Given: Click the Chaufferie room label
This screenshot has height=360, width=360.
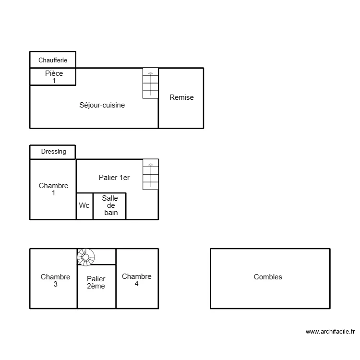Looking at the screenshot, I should [53, 60].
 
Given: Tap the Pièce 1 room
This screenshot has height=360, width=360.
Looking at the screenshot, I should [54, 77].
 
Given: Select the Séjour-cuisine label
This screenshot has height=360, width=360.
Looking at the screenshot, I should [102, 105].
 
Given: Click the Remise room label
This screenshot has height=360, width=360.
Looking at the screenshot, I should [181, 97].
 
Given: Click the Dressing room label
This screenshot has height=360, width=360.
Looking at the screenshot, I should [53, 152].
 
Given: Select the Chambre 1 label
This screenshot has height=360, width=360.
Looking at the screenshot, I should [53, 189].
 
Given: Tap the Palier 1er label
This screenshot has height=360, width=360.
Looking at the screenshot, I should [114, 178].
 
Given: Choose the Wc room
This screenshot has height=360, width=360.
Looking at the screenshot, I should [84, 205].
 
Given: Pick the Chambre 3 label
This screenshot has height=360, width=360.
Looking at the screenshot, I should [55, 280].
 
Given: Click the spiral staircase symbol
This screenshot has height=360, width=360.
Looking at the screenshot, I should [86, 257].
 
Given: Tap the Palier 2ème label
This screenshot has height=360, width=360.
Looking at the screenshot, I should [96, 282].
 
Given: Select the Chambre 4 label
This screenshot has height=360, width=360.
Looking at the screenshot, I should [136, 280].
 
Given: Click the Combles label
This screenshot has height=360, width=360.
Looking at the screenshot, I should [268, 277].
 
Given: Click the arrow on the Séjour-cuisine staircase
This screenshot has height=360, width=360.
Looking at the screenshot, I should [150, 74].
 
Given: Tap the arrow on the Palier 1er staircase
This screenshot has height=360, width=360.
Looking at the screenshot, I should [150, 165].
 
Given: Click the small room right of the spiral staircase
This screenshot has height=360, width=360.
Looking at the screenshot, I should [105, 256].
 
